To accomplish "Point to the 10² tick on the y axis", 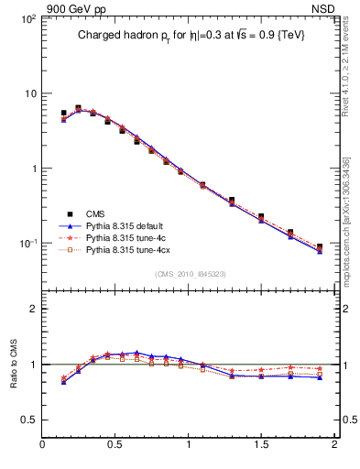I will [x=27, y=19].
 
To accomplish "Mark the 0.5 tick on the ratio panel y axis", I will [x=29, y=420].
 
